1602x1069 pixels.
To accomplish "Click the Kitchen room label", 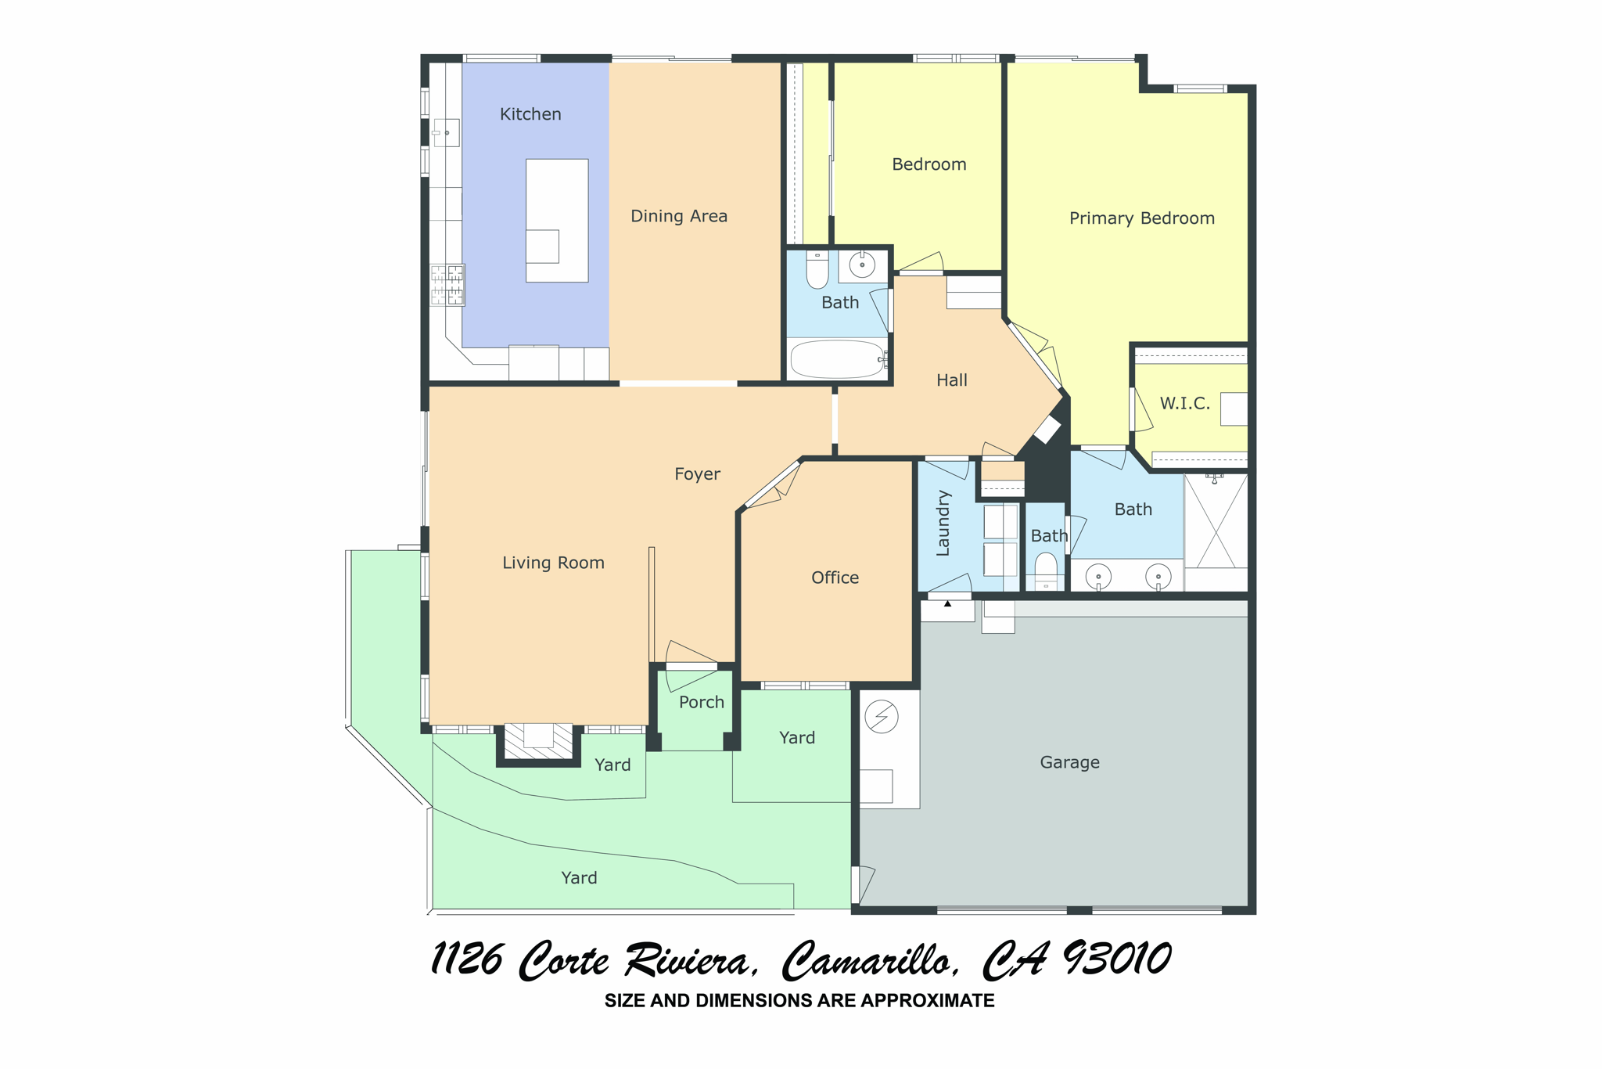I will point(530,114).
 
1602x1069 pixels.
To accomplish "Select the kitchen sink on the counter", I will point(446,132).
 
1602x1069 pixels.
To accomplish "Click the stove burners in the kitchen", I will point(447,285).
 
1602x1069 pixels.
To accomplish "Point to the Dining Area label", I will point(679,216).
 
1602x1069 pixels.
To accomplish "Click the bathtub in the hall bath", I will point(837,359).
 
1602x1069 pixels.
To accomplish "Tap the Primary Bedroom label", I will point(1141,218).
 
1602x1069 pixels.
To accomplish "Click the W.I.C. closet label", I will point(1184,404).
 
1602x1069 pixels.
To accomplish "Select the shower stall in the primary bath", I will point(1216,521).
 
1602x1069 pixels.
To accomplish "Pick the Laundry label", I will point(943,523).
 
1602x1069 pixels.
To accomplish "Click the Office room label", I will point(835,578).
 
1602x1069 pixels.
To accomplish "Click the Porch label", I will point(702,703).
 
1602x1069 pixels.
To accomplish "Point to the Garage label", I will point(1069,762).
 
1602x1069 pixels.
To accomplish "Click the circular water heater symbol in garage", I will point(882,716).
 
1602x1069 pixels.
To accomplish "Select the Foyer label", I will point(697,474).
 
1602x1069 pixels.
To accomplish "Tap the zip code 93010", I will point(1117,959).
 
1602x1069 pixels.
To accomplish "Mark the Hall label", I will point(952,380).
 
